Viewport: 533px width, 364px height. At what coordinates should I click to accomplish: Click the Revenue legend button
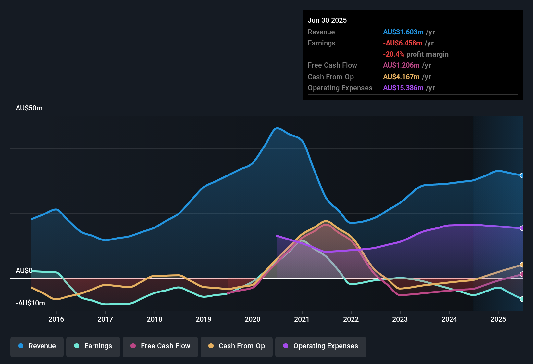click(x=37, y=346)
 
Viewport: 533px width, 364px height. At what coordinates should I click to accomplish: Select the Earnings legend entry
click(x=93, y=346)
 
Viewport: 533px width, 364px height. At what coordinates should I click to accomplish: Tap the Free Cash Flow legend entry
click(x=160, y=346)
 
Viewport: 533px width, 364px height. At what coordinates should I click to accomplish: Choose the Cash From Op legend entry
click(x=236, y=346)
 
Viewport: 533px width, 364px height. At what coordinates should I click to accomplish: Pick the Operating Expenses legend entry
click(x=320, y=346)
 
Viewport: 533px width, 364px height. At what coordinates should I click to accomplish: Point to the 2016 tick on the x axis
click(x=56, y=319)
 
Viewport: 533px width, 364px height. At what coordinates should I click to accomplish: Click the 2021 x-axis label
click(x=302, y=319)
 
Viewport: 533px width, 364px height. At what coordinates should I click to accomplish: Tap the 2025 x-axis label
click(x=498, y=319)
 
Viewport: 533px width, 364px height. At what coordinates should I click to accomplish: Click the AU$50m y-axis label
click(x=29, y=108)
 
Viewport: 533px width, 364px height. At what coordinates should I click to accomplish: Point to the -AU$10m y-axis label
click(x=30, y=303)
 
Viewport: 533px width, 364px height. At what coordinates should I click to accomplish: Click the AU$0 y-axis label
click(x=24, y=271)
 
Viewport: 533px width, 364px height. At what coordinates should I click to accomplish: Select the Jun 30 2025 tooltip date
click(x=327, y=20)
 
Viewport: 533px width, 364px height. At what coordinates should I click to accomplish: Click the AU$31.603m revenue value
click(x=403, y=32)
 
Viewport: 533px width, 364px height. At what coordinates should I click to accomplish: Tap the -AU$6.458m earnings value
click(x=403, y=43)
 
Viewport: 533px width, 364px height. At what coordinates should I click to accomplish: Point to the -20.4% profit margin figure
click(x=393, y=54)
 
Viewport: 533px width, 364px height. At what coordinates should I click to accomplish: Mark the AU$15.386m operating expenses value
click(x=403, y=88)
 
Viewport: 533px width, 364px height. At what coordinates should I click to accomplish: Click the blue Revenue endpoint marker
click(x=522, y=175)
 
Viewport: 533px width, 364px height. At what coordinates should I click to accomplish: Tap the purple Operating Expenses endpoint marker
click(x=522, y=228)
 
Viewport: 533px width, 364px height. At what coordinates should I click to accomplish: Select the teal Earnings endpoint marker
click(x=522, y=299)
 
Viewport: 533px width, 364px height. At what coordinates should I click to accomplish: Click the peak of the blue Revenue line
click(x=277, y=128)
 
